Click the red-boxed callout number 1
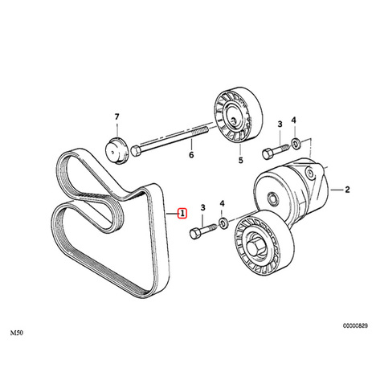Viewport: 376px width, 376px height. [182, 214]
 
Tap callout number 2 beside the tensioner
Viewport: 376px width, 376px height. [347, 190]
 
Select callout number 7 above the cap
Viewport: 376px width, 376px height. [116, 116]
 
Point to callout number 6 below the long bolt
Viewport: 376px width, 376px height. [191, 155]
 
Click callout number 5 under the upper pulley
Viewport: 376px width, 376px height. [241, 160]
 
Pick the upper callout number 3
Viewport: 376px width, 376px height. [280, 124]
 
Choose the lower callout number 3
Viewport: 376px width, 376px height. [203, 207]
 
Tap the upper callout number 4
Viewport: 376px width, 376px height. [294, 121]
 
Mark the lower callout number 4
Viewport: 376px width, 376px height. [222, 204]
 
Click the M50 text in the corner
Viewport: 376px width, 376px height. [17, 333]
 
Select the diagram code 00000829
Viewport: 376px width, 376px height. [355, 325]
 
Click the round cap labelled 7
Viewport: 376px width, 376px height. [116, 150]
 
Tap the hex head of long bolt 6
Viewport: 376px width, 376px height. [136, 151]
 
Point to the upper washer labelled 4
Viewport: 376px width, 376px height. [296, 142]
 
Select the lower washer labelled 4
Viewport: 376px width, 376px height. [223, 223]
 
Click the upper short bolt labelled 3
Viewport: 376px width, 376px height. [276, 151]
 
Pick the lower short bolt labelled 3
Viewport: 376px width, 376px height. [203, 231]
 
